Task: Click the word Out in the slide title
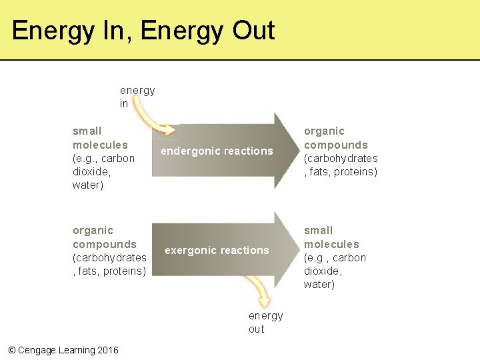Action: pos(253,31)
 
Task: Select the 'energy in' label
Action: pos(137,97)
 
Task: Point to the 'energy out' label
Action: pos(265,322)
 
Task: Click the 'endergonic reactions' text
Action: pos(217,151)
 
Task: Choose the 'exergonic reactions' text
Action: pos(217,251)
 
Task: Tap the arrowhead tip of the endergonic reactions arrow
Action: pos(296,151)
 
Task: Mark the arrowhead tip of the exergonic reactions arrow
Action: pos(296,250)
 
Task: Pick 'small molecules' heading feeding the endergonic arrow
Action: pos(100,138)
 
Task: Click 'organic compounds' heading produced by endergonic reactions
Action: pos(335,138)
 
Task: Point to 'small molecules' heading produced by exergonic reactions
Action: pos(331,237)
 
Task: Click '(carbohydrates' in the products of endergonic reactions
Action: pos(341,159)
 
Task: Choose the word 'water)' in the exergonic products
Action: pos(319,285)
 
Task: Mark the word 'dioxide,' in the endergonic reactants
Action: pos(91,172)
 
